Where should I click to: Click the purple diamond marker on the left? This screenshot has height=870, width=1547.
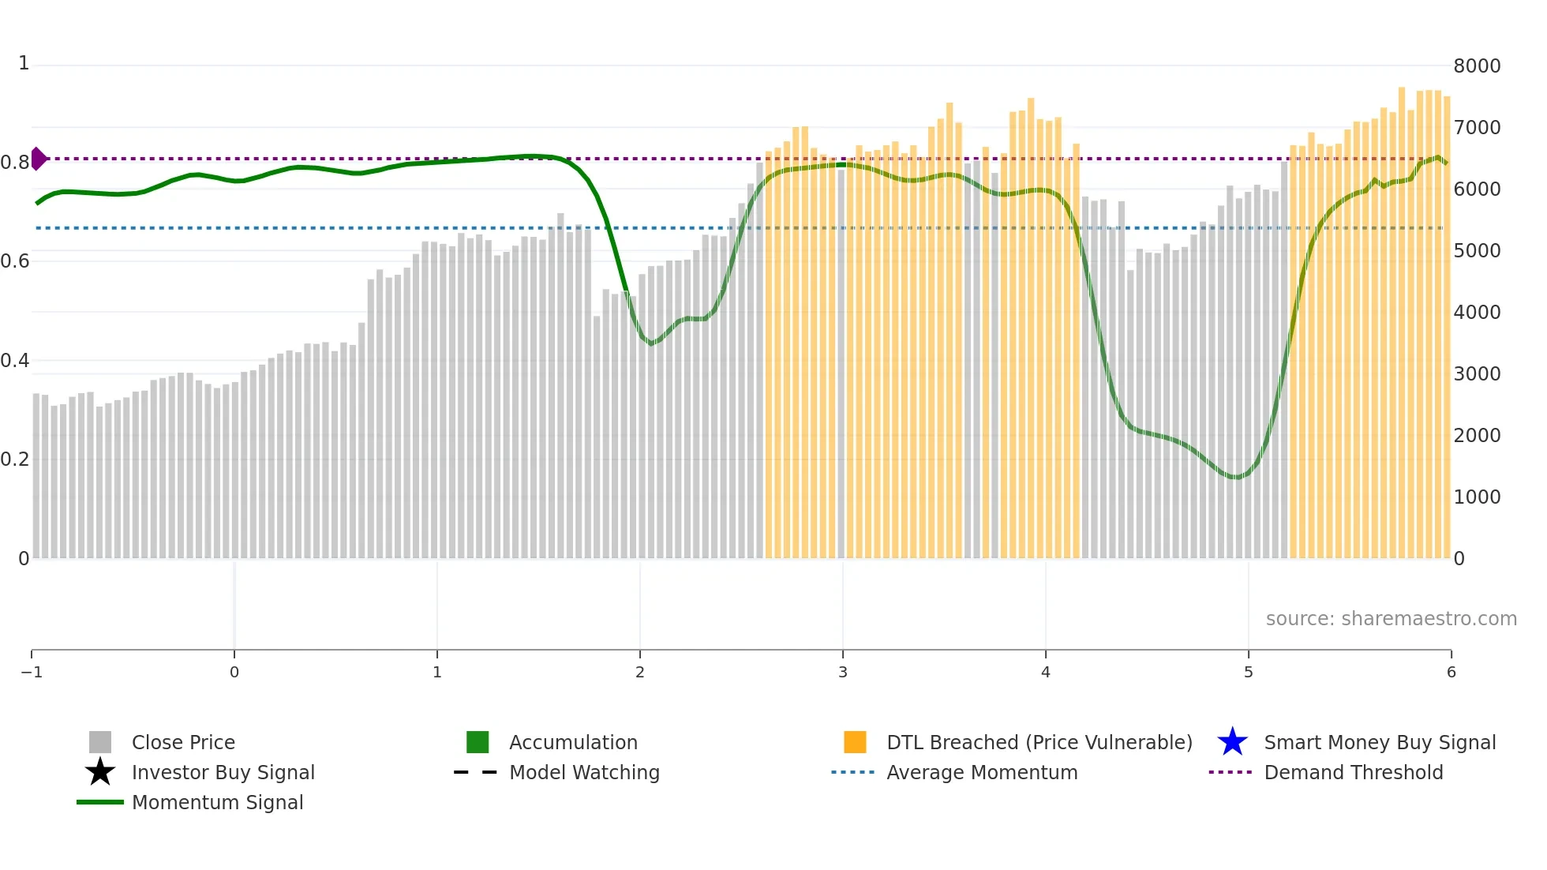click(x=38, y=159)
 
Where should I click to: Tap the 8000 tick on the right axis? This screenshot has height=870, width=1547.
click(x=1476, y=66)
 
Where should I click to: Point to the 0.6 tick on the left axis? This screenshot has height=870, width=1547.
click(x=15, y=261)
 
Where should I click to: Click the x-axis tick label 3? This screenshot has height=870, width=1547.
click(x=842, y=672)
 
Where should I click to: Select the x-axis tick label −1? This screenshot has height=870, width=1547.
click(x=32, y=672)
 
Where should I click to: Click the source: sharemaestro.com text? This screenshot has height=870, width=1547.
click(x=1391, y=618)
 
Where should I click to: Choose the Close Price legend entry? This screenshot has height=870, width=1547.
click(x=182, y=742)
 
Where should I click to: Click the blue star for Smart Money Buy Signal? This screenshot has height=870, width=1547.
click(x=1232, y=742)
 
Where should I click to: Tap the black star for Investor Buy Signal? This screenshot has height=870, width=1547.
click(x=100, y=772)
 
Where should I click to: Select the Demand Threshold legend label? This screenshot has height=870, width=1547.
click(x=1353, y=772)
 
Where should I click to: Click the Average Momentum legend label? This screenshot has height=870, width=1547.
click(x=981, y=772)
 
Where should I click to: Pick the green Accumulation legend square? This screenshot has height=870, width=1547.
click(x=478, y=742)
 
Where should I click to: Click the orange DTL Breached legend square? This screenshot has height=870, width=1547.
click(x=855, y=742)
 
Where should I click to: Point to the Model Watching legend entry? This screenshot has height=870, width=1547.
click(x=583, y=772)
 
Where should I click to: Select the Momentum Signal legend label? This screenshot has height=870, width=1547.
click(x=217, y=802)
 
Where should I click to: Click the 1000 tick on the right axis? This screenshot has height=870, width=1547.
click(x=1476, y=497)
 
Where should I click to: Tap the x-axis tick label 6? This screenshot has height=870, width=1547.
click(x=1451, y=672)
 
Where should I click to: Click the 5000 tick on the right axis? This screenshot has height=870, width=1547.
click(x=1476, y=250)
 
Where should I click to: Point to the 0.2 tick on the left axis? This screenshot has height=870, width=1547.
click(x=15, y=459)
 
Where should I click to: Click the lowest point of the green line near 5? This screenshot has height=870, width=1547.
click(x=1235, y=477)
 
